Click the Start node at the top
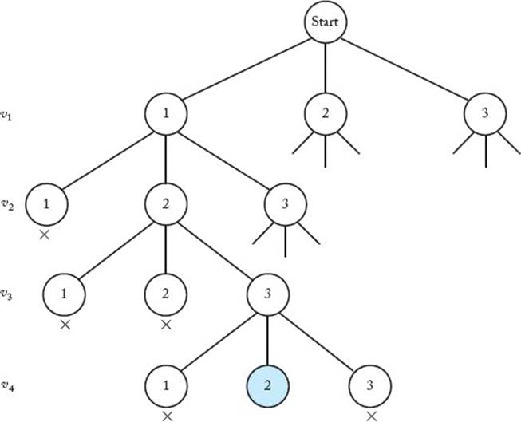tap(326, 22)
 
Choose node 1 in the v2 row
tap(46, 205)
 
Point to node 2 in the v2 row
tap(166, 205)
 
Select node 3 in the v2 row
tap(286, 205)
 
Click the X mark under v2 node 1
tap(46, 236)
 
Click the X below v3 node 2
tap(166, 325)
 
